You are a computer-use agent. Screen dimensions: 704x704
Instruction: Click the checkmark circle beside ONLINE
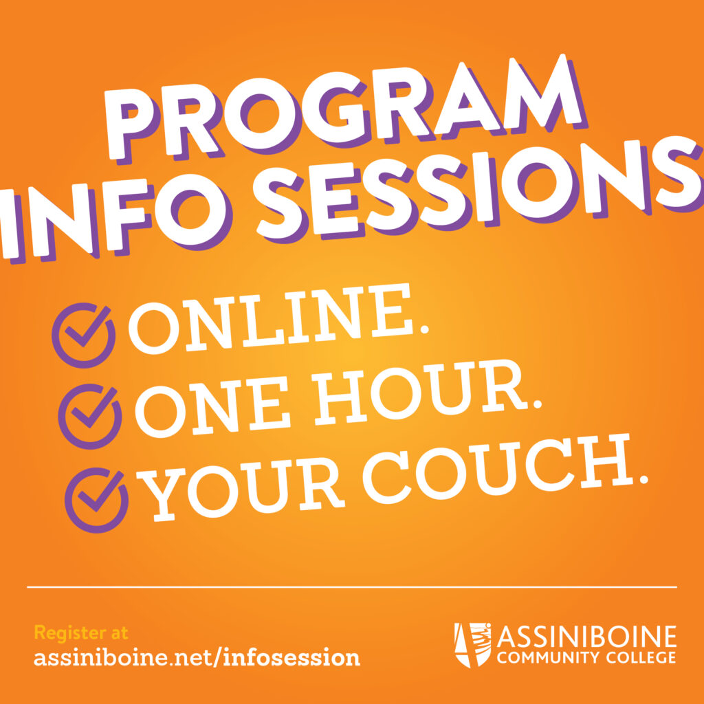click(83, 335)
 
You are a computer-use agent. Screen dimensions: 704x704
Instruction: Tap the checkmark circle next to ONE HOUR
click(90, 416)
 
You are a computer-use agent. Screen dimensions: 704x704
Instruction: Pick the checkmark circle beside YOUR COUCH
click(96, 500)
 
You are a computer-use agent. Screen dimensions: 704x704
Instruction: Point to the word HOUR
click(426, 392)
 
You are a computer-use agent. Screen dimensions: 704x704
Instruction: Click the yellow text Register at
click(81, 632)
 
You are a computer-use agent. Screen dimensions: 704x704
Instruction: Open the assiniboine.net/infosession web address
click(197, 658)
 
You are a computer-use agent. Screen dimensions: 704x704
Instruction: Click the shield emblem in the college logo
click(472, 645)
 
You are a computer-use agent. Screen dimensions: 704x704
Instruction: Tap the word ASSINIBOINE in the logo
click(586, 637)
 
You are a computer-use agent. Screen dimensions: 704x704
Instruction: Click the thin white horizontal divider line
click(352, 587)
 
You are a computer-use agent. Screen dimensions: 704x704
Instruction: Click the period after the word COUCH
click(643, 478)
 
